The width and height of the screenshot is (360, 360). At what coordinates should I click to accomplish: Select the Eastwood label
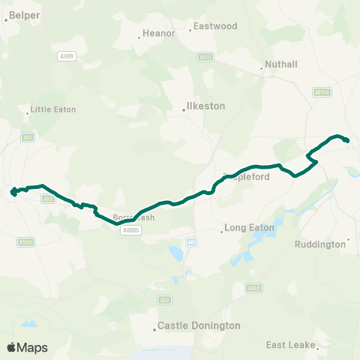pyautogui.click(x=215, y=26)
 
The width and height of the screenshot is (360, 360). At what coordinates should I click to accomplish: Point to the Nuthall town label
pyautogui.click(x=281, y=64)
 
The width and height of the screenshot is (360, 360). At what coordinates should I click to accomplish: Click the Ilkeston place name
pyautogui.click(x=205, y=106)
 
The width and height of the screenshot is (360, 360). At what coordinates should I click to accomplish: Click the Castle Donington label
pyautogui.click(x=199, y=326)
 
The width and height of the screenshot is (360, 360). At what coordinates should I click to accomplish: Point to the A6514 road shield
pyautogui.click(x=321, y=91)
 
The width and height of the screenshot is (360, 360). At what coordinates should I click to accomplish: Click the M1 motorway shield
pyautogui.click(x=193, y=241)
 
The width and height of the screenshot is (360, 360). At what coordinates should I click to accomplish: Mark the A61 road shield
pyautogui.click(x=28, y=137)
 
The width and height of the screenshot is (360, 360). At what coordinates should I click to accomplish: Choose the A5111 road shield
pyautogui.click(x=26, y=241)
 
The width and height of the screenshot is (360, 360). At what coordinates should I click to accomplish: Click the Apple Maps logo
pyautogui.click(x=27, y=347)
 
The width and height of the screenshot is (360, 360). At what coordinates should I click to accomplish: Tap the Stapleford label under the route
pyautogui.click(x=248, y=178)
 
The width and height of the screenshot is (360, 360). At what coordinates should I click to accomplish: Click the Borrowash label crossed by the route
pyautogui.click(x=133, y=217)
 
